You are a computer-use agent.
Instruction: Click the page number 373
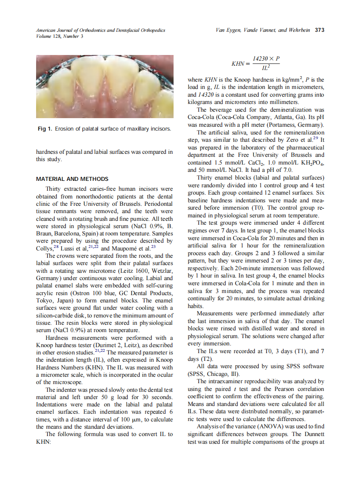click(319, 30)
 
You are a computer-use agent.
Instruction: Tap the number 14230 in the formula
click(261, 58)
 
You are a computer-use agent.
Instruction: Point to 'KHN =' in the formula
click(240, 64)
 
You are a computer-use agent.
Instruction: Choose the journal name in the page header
click(101, 30)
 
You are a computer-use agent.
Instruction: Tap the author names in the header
click(264, 30)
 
